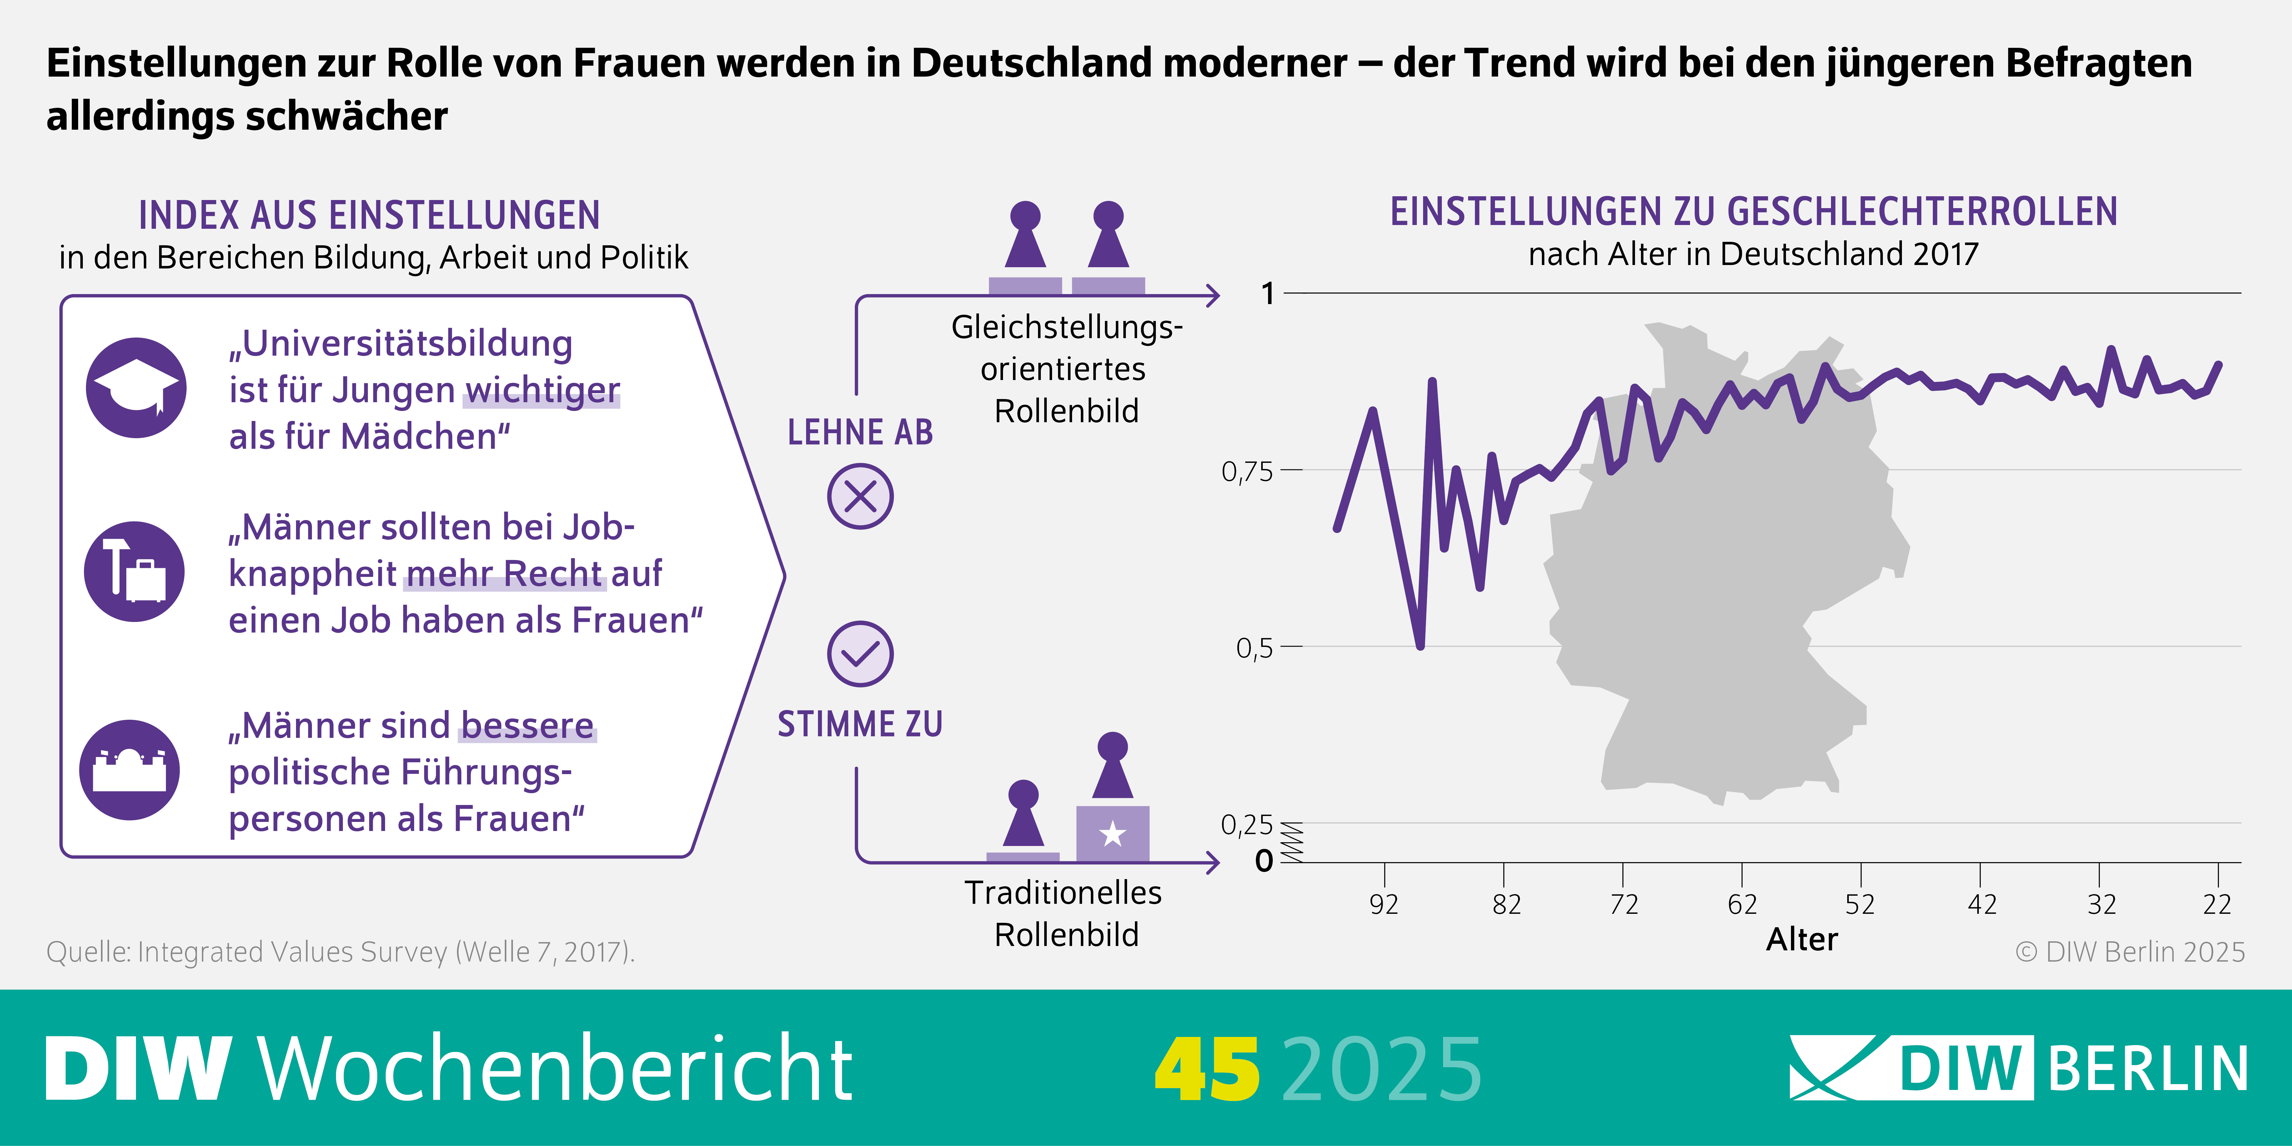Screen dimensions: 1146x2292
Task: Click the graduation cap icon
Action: pos(136,388)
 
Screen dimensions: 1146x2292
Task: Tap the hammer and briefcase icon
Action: pos(134,571)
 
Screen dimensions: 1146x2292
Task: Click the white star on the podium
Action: pos(1112,835)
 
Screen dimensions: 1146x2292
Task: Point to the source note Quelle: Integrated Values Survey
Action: pos(340,952)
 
